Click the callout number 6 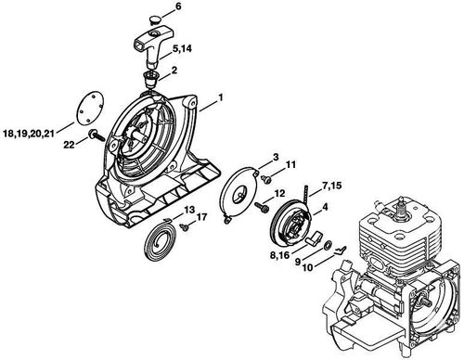(178, 6)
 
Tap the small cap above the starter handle (154, 19)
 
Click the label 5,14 (182, 49)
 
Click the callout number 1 (221, 97)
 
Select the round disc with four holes (89, 108)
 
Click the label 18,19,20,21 (29, 134)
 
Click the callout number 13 (189, 211)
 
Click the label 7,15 (331, 186)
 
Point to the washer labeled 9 (328, 246)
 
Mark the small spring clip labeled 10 (341, 251)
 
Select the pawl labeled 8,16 (314, 238)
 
